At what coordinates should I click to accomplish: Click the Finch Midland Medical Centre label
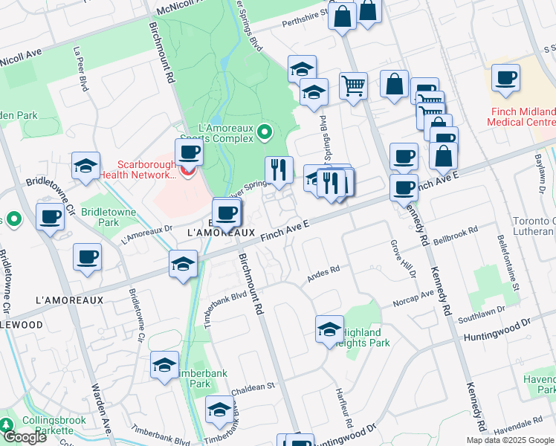click(523, 117)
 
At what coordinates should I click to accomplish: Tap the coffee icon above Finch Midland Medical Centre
click(505, 78)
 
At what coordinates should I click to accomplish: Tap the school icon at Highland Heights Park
click(329, 329)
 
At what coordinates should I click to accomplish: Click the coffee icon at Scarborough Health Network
click(189, 153)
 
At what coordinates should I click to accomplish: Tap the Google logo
click(25, 436)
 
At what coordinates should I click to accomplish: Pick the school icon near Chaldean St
click(219, 410)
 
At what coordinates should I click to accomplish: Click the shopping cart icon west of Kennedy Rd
click(354, 85)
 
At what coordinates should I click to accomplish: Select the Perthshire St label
click(305, 22)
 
